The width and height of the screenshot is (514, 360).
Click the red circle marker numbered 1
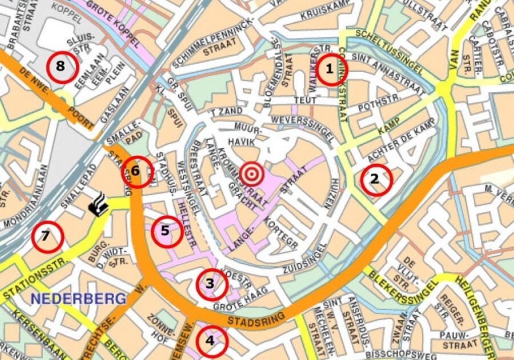click(x=329, y=70)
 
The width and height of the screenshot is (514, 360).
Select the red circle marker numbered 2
click(x=376, y=179)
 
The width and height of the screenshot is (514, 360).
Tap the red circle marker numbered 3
click(x=211, y=284)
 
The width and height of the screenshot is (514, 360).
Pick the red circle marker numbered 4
click(x=211, y=341)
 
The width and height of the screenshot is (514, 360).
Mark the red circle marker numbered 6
click(x=137, y=171)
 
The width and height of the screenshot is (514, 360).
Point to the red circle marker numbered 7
click(x=47, y=237)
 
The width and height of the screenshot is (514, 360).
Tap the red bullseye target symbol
click(x=252, y=174)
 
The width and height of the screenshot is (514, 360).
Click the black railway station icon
click(x=98, y=206)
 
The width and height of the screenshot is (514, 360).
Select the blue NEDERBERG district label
click(x=78, y=298)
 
